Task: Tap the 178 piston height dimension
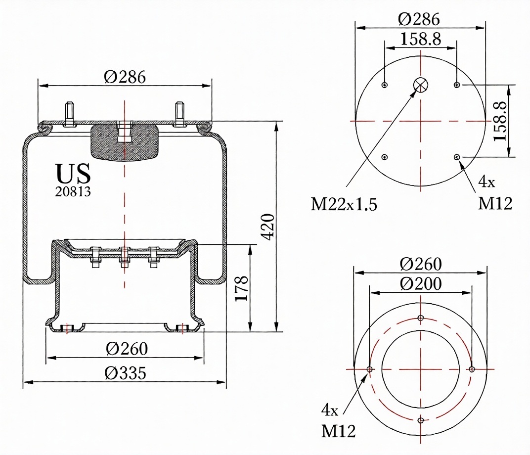(x=242, y=288)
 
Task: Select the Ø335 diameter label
(x=126, y=373)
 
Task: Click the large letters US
(x=73, y=173)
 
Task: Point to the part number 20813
(x=73, y=192)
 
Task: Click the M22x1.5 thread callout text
(x=344, y=204)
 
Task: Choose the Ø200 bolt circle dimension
(x=420, y=283)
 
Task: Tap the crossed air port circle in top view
(x=421, y=85)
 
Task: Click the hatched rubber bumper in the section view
(x=125, y=141)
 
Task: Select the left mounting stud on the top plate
(x=70, y=114)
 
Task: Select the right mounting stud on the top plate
(x=180, y=114)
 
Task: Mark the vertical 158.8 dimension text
(x=500, y=121)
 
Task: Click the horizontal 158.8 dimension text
(x=421, y=39)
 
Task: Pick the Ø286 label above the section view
(x=125, y=77)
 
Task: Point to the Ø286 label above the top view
(x=419, y=19)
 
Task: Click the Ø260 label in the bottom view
(x=420, y=264)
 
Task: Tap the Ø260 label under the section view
(x=127, y=349)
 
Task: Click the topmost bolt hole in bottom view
(x=421, y=318)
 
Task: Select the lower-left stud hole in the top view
(x=384, y=157)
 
